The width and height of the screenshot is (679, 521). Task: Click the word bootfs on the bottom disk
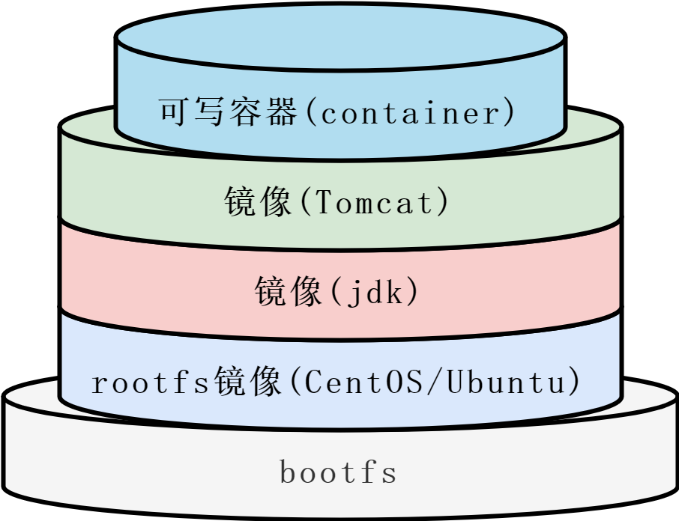point(338,473)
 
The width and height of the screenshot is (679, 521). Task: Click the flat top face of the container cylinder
point(340,37)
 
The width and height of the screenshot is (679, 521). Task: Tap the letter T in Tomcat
point(319,203)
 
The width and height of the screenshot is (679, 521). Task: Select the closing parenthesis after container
point(510,113)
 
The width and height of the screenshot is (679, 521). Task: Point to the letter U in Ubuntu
point(456,383)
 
